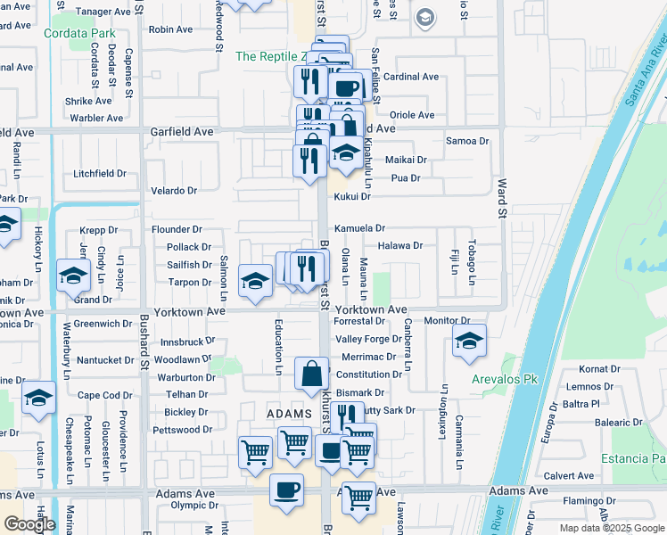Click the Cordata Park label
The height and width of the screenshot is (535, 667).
point(79,34)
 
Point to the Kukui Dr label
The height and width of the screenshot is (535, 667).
point(351,195)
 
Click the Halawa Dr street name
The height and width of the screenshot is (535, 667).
point(399,245)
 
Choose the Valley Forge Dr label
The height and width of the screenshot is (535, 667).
point(368,339)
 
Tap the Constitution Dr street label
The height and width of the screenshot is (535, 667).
point(369,374)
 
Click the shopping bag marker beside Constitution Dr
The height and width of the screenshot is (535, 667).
point(313,374)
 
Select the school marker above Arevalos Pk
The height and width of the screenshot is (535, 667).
point(469,341)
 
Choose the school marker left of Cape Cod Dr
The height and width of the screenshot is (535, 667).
point(38,398)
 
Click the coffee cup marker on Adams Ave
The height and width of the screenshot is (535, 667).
point(286,490)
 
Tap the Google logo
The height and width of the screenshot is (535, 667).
point(29,524)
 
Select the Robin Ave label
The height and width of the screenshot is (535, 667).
point(171,29)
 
